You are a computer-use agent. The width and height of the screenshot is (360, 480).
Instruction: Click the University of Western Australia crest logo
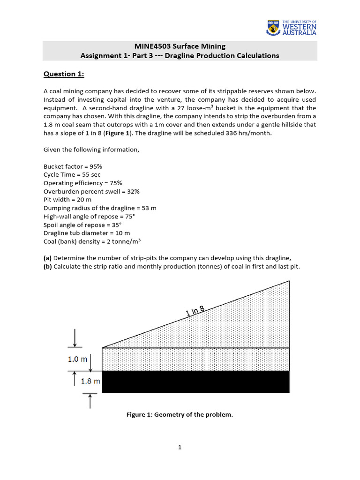(273, 28)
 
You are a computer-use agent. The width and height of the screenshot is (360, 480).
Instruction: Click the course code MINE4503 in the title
(151, 46)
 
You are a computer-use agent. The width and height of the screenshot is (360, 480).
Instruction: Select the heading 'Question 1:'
(60, 74)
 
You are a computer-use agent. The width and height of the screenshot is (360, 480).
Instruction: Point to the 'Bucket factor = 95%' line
(73, 166)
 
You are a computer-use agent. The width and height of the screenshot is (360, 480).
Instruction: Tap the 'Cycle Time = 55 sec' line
(72, 175)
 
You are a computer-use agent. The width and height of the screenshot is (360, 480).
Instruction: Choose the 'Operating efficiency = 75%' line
(82, 183)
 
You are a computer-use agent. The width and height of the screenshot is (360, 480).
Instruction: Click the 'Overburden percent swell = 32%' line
(91, 191)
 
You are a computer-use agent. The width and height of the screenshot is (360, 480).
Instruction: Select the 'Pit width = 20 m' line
(67, 200)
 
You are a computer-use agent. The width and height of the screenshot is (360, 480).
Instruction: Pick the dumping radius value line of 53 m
(100, 208)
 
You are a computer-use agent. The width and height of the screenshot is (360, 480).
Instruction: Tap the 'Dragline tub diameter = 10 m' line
(87, 233)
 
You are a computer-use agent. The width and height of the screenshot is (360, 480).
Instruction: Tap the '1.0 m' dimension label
(77, 360)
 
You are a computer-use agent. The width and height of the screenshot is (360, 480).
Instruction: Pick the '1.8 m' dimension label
(91, 381)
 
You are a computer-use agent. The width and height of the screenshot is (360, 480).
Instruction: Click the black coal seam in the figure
(195, 382)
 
